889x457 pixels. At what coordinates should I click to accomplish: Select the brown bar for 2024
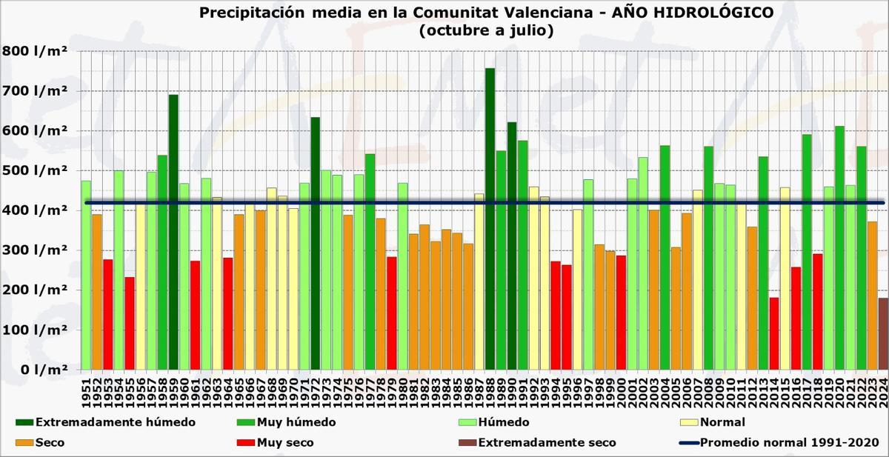883,333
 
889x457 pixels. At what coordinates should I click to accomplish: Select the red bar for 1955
130,323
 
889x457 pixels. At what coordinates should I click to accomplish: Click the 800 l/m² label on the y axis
35,51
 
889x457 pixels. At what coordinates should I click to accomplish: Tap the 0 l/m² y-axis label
35,369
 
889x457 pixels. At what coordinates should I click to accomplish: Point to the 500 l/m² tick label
35,170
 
